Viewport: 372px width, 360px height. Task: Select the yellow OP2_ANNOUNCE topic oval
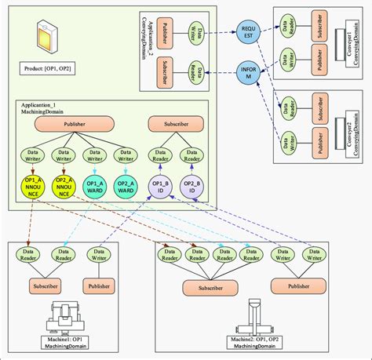64,189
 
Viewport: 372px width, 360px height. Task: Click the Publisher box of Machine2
299,287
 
